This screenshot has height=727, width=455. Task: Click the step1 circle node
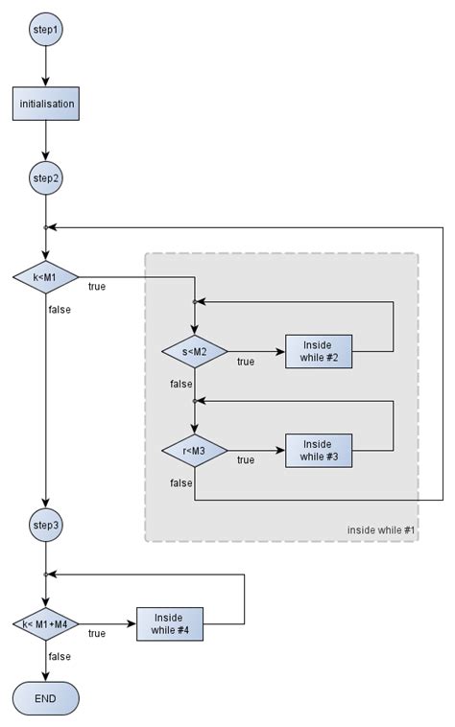tap(45, 31)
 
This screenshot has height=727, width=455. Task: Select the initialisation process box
tap(45, 104)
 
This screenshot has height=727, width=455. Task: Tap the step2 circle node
tap(45, 178)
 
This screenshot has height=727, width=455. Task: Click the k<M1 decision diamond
tap(45, 277)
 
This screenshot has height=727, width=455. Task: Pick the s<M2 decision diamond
tap(194, 352)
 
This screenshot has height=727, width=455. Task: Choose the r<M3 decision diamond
tap(194, 450)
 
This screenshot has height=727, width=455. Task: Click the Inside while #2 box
tap(318, 352)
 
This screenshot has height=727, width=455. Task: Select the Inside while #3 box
tap(318, 450)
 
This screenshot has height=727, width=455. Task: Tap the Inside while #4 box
tap(170, 624)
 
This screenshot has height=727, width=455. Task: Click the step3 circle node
tap(45, 525)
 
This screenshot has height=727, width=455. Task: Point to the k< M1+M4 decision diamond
tap(45, 624)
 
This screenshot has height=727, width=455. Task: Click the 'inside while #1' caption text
tap(381, 530)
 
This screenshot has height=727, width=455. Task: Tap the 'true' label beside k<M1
tap(97, 287)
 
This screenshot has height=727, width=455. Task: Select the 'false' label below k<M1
tap(59, 310)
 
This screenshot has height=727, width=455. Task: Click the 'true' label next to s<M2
tap(246, 362)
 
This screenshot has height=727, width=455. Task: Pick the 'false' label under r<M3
tap(180, 482)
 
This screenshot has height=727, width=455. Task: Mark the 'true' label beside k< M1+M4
tap(97, 634)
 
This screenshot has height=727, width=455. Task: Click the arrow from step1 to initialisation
tap(45, 67)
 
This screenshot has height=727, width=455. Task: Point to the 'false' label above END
tap(59, 657)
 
